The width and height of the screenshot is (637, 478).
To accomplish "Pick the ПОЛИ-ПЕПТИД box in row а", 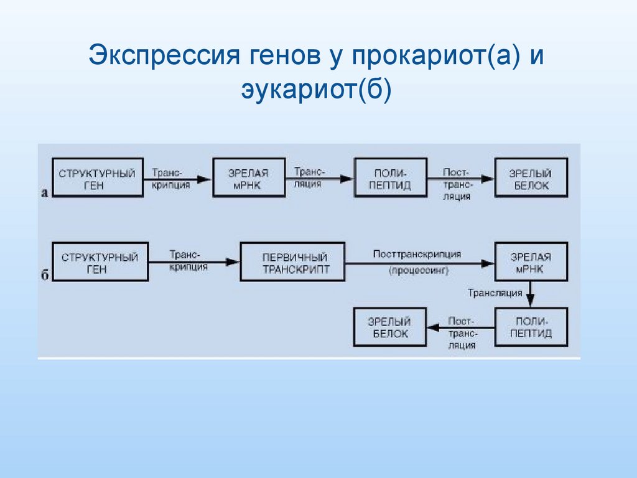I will (391, 179).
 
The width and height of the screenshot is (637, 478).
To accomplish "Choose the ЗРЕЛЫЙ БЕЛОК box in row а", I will (531, 179).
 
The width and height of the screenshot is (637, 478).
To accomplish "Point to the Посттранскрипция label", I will (417, 254).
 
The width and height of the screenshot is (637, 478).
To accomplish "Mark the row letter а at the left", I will (44, 192).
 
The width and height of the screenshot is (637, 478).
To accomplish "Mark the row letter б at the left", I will (44, 275).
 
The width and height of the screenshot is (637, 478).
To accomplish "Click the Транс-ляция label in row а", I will (309, 177).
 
